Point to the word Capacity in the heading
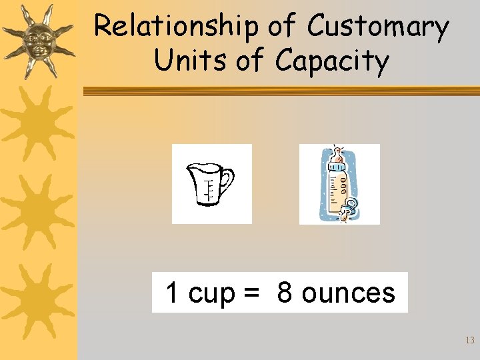(331, 62)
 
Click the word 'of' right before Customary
(283, 27)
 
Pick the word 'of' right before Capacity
(250, 61)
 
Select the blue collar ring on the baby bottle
(338, 167)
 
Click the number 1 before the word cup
(172, 293)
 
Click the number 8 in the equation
(285, 293)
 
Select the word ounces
(348, 293)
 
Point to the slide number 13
(469, 340)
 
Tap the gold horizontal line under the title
(280, 91)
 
